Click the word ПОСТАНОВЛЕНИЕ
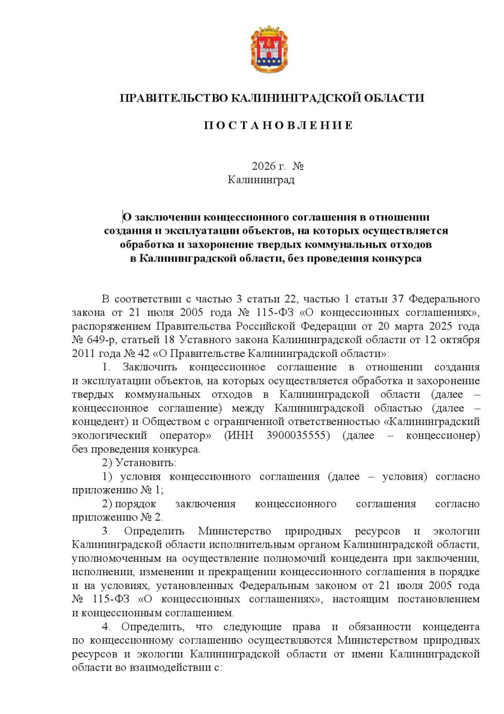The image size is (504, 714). tap(277, 125)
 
